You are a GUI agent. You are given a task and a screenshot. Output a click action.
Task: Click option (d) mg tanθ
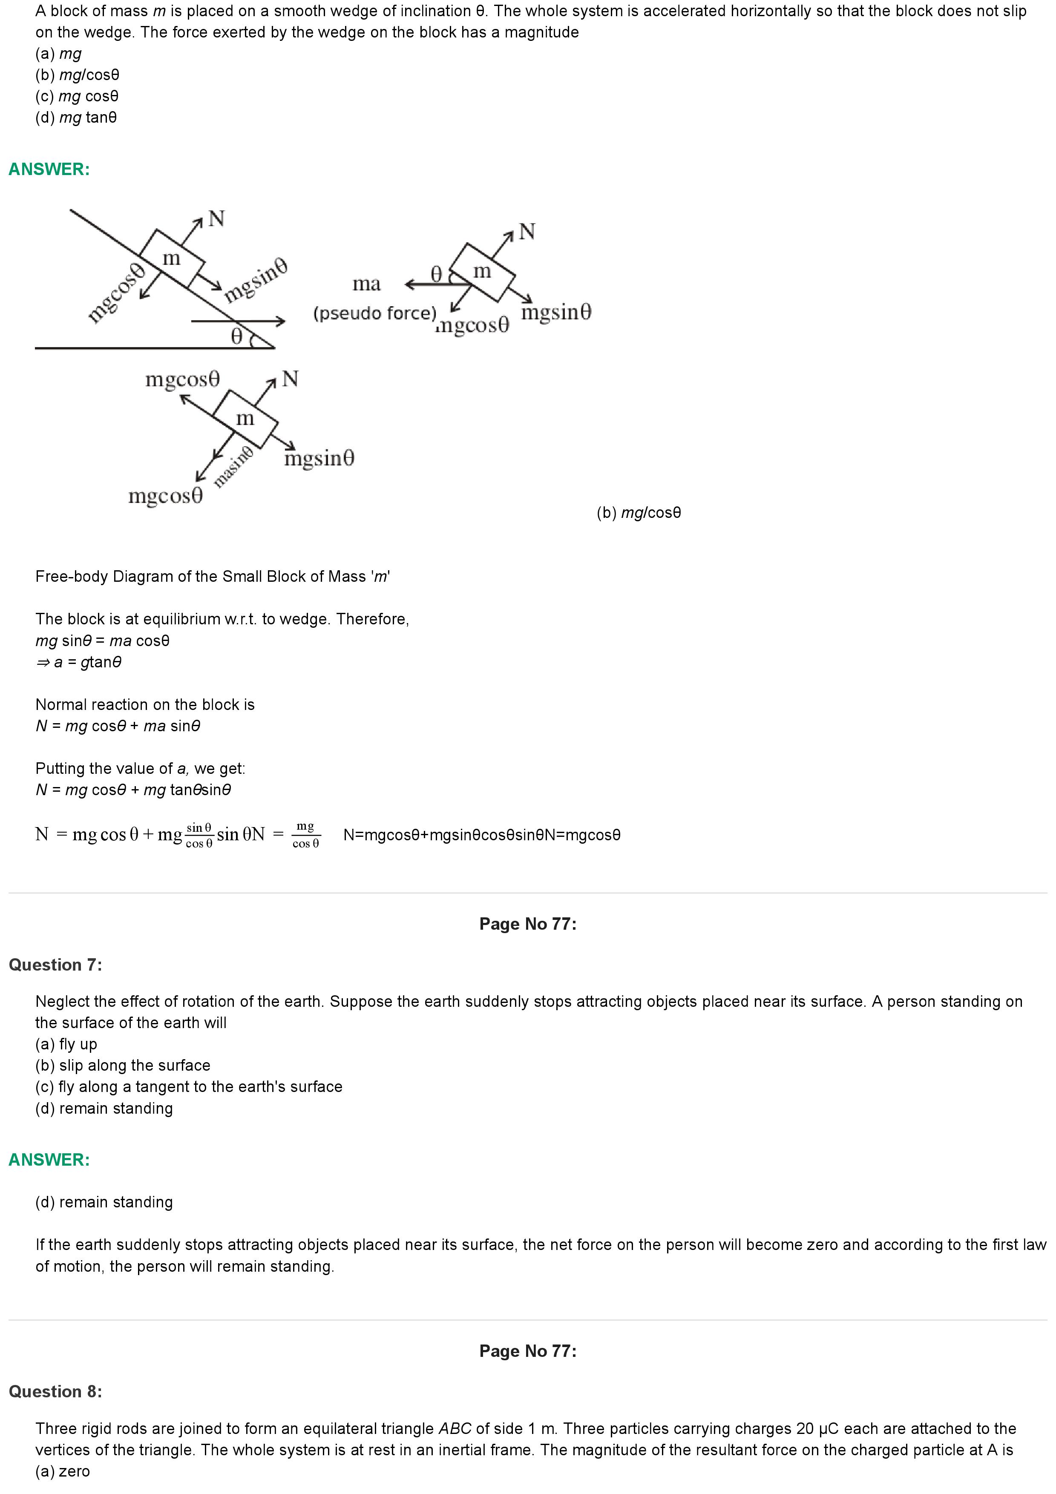point(76,118)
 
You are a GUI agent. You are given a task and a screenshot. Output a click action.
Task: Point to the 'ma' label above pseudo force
point(366,284)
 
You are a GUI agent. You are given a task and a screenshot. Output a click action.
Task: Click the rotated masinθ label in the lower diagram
point(233,466)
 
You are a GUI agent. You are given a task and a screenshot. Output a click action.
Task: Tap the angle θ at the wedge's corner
point(237,336)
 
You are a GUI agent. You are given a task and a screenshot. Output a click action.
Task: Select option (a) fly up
point(66,1044)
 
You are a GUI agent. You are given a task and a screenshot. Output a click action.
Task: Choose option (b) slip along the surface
point(123,1066)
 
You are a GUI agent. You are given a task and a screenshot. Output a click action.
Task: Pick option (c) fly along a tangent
point(189,1087)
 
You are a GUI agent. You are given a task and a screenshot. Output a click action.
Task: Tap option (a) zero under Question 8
point(63,1471)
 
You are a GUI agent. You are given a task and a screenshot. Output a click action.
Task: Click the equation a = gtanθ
point(79,662)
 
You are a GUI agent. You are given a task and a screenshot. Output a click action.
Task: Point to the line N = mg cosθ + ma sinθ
point(118,726)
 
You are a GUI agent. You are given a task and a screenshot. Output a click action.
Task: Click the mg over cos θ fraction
point(305,835)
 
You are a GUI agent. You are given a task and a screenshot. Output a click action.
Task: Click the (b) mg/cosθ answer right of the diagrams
point(638,513)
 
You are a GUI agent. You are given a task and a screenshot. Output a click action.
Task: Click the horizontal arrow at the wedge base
point(238,321)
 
